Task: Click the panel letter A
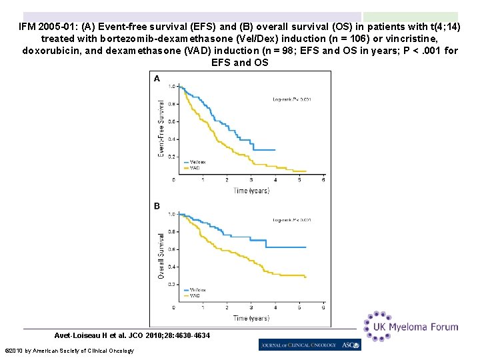pyautogui.click(x=157, y=78)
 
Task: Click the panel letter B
pyautogui.click(x=157, y=206)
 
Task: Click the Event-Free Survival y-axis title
pyautogui.click(x=161, y=129)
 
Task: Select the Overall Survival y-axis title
pyautogui.click(x=161, y=255)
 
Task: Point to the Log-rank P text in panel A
pyautogui.click(x=292, y=99)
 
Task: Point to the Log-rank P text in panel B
pyautogui.click(x=292, y=220)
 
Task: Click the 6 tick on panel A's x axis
pyautogui.click(x=323, y=179)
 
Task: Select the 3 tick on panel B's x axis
pyautogui.click(x=251, y=307)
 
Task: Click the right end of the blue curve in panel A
pyautogui.click(x=275, y=149)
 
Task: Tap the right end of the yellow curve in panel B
pyautogui.click(x=305, y=277)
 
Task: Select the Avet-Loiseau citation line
pyautogui.click(x=132, y=335)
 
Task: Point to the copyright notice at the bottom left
pyautogui.click(x=69, y=351)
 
